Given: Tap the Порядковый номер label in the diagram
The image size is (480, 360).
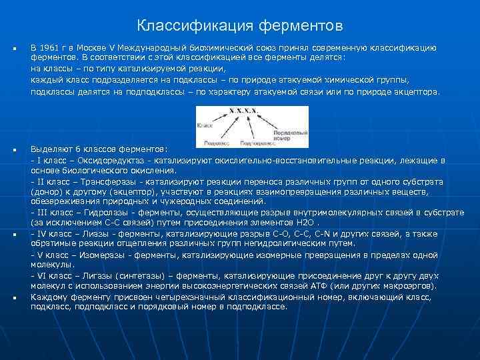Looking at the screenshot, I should coord(289,133).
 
